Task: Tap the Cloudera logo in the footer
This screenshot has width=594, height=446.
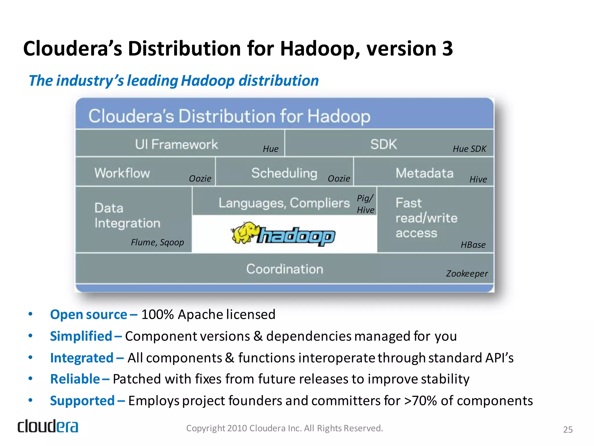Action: pos(48,426)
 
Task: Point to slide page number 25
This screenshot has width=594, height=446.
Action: pos(568,429)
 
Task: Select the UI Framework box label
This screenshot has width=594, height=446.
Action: pos(176,144)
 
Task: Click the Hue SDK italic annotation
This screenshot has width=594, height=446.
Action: pos(469,149)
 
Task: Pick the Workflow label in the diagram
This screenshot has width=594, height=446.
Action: pos(122,173)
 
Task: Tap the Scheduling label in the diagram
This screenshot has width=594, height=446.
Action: pos(284,173)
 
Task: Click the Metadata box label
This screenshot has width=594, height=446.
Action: pos(424,173)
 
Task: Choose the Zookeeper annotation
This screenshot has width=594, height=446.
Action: pos(467,274)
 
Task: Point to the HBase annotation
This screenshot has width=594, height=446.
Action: pos(473,245)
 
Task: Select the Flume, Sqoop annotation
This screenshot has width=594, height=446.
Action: pos(157,242)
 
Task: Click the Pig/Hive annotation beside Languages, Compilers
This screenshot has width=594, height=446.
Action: pos(365,204)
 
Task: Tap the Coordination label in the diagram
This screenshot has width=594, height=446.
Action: pos(285,269)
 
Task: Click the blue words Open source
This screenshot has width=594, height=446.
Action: pos(88,314)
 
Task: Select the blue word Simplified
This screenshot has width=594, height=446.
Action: pos(81,336)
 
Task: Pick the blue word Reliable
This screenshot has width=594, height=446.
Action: pos(75,379)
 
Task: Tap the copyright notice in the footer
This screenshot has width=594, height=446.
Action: pos(285,428)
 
